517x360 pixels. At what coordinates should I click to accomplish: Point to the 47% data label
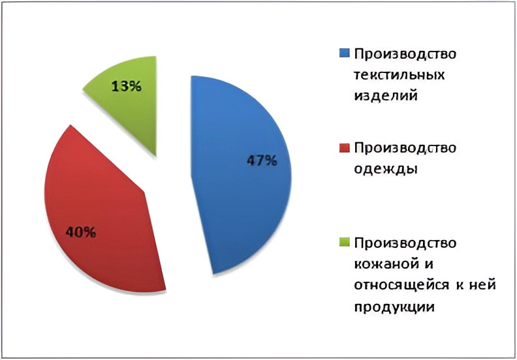point(262,160)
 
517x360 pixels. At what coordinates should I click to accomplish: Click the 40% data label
point(81,233)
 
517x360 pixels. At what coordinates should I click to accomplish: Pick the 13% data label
point(127,87)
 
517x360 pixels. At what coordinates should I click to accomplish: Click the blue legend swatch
point(344,53)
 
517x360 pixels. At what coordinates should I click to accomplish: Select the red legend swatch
point(344,148)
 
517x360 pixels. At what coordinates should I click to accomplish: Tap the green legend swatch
point(344,242)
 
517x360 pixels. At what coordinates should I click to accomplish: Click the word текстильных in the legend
point(399,75)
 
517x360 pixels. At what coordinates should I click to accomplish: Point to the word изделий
point(386,96)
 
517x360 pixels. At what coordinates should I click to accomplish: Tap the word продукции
point(394,307)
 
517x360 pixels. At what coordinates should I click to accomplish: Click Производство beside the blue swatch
point(405,54)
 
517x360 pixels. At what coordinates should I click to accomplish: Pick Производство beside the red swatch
point(405,148)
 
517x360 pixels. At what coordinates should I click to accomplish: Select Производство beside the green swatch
point(405,243)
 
